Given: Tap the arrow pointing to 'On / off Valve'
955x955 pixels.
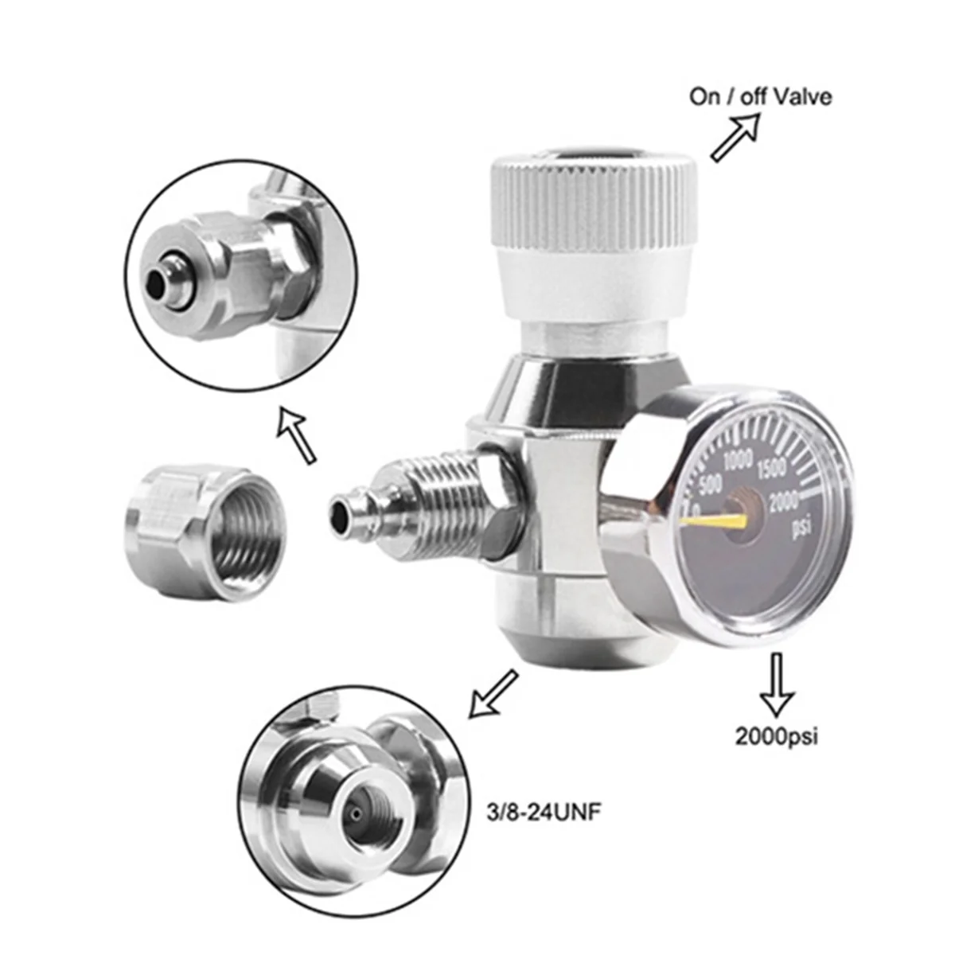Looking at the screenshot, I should [x=736, y=137].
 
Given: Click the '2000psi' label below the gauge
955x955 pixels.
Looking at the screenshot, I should [x=777, y=736].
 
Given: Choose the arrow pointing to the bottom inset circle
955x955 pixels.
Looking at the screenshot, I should [x=493, y=694].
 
